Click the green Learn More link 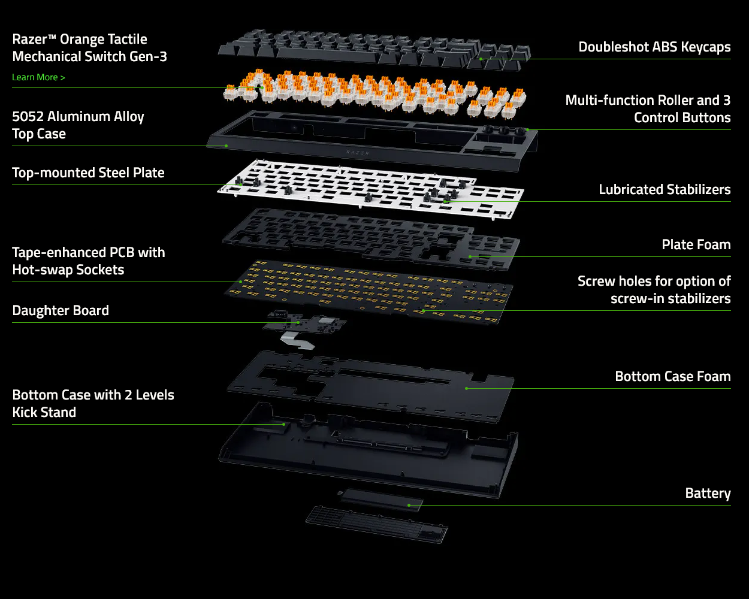[x=38, y=77]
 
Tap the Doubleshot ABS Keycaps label [x=654, y=47]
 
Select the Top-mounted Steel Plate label [x=88, y=173]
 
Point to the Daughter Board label [x=61, y=310]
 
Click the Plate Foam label [x=696, y=244]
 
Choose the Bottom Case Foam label [x=673, y=376]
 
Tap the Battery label [x=708, y=493]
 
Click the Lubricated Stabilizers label [x=665, y=189]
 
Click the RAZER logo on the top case [x=358, y=153]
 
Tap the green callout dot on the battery [x=409, y=505]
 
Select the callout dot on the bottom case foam [x=466, y=388]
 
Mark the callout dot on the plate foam [x=470, y=256]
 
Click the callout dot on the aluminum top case [x=226, y=146]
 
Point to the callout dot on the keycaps [x=481, y=59]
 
